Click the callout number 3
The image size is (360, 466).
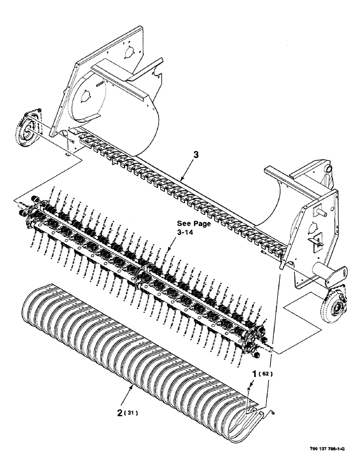coord(196,157)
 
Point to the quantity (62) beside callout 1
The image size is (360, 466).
coord(266,374)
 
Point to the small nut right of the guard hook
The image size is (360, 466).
coord(273,411)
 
